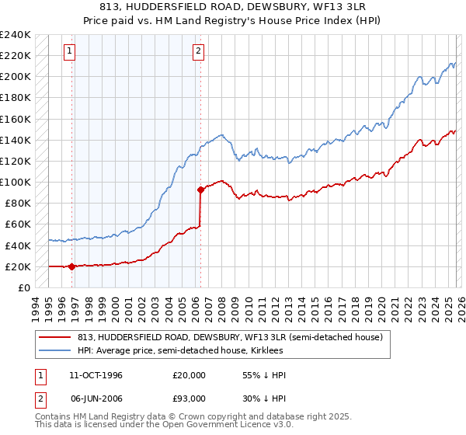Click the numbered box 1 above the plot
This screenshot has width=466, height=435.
(x=70, y=52)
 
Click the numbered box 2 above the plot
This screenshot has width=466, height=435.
(x=198, y=52)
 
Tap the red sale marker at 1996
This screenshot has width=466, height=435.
(x=71, y=266)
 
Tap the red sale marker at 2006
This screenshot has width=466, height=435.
(x=200, y=189)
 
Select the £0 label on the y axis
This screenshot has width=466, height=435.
(x=25, y=287)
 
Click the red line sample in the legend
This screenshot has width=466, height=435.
(x=55, y=338)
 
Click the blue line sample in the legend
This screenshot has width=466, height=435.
(x=55, y=351)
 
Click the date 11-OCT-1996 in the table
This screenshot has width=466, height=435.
(x=96, y=375)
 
